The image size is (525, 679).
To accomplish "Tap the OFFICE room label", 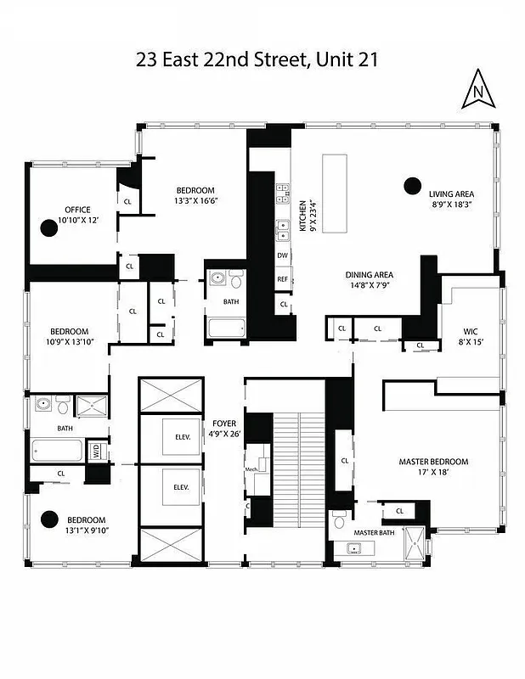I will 77,210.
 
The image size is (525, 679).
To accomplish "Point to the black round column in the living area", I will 413,185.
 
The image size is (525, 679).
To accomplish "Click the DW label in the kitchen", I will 282,255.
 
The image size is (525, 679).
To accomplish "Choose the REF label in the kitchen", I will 282,278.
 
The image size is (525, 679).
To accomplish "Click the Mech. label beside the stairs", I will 251,469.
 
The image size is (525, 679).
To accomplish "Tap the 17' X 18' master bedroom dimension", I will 433,473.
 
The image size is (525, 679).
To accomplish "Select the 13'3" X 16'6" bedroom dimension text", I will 196,201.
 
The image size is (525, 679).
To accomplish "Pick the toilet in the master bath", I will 339,518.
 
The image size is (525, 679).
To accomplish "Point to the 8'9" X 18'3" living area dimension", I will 451,204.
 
